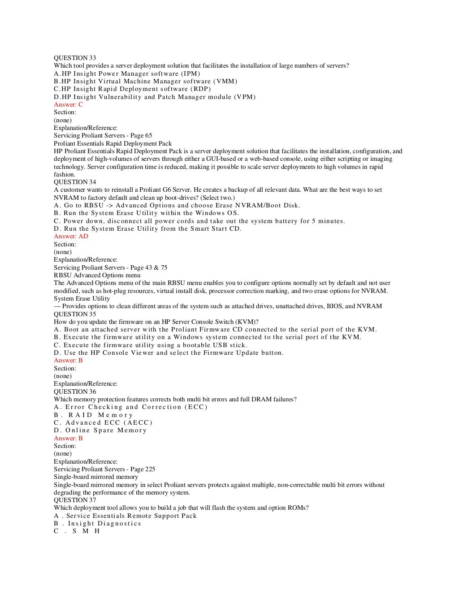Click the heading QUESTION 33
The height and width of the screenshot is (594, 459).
coord(75,58)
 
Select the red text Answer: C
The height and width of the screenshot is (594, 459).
coord(68,104)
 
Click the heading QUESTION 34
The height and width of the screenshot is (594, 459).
coord(75,182)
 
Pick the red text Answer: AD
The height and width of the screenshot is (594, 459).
coord(71,236)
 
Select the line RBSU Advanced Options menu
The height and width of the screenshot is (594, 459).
coord(97,275)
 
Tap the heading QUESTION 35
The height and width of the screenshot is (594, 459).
coord(75,314)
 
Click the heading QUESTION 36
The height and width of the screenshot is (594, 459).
coord(75,392)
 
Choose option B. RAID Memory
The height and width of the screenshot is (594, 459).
coord(94,415)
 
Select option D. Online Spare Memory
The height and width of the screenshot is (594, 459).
coord(100,430)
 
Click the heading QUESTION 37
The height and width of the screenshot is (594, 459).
coord(75,500)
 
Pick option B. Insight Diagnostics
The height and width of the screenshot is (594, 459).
coord(97,523)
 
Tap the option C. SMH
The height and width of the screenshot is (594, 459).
coord(77,531)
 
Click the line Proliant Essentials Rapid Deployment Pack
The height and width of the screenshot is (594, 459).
coord(113,143)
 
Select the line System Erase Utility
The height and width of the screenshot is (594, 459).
coord(82,298)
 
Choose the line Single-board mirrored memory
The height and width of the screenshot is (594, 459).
coord(96,477)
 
